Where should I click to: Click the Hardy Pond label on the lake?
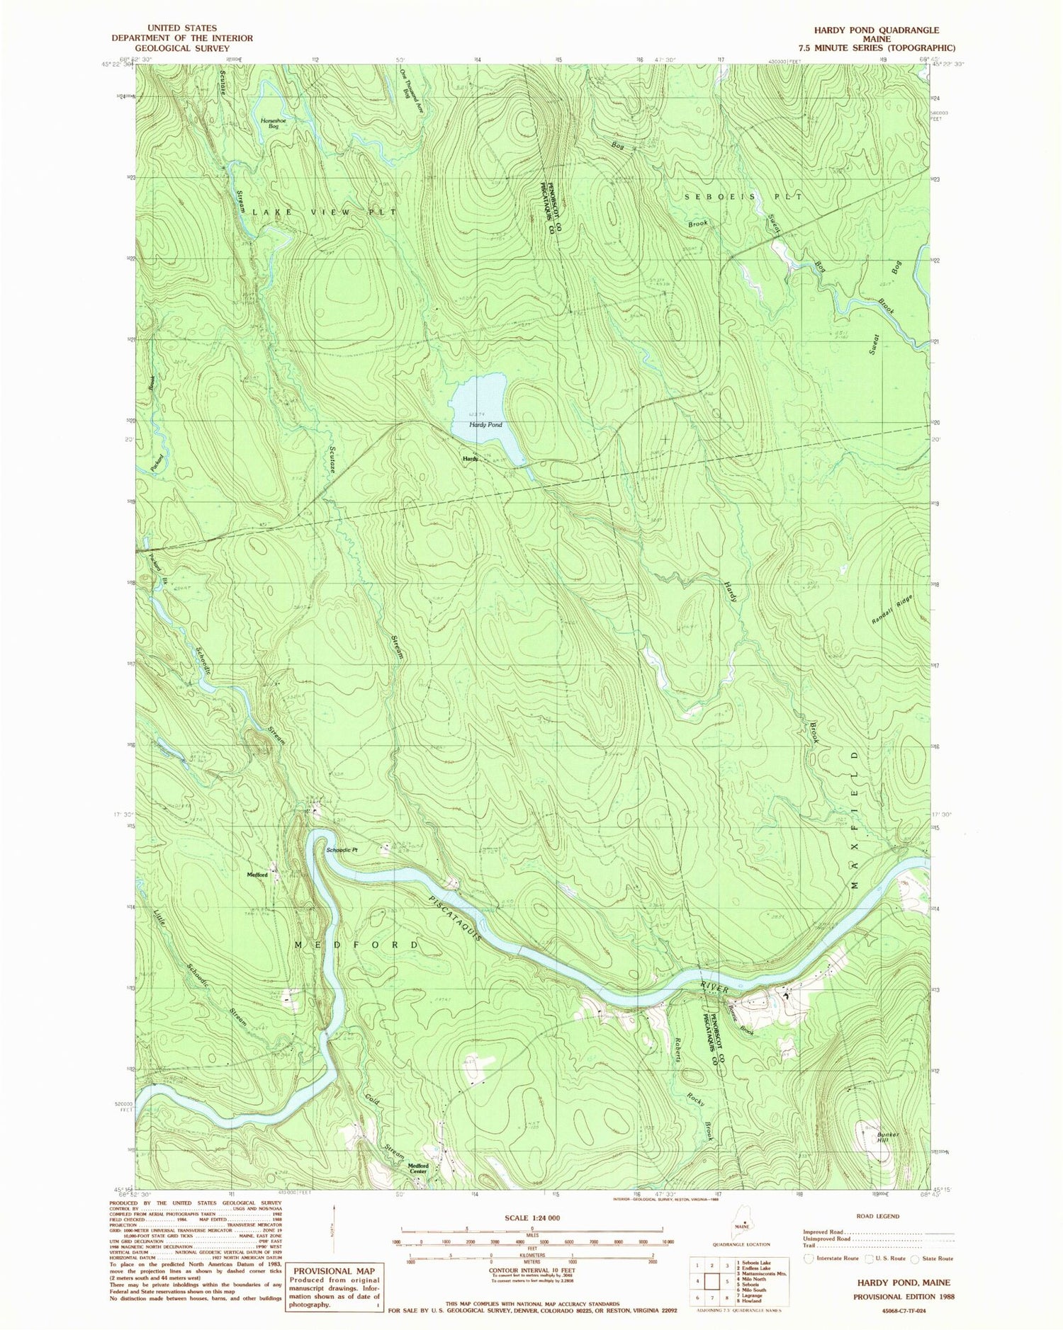(485, 425)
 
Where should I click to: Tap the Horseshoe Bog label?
(270, 123)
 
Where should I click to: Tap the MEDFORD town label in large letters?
(356, 945)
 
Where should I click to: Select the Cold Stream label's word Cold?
(373, 1101)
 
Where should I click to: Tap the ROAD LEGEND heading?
(878, 1216)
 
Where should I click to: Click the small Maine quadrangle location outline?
(742, 1227)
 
